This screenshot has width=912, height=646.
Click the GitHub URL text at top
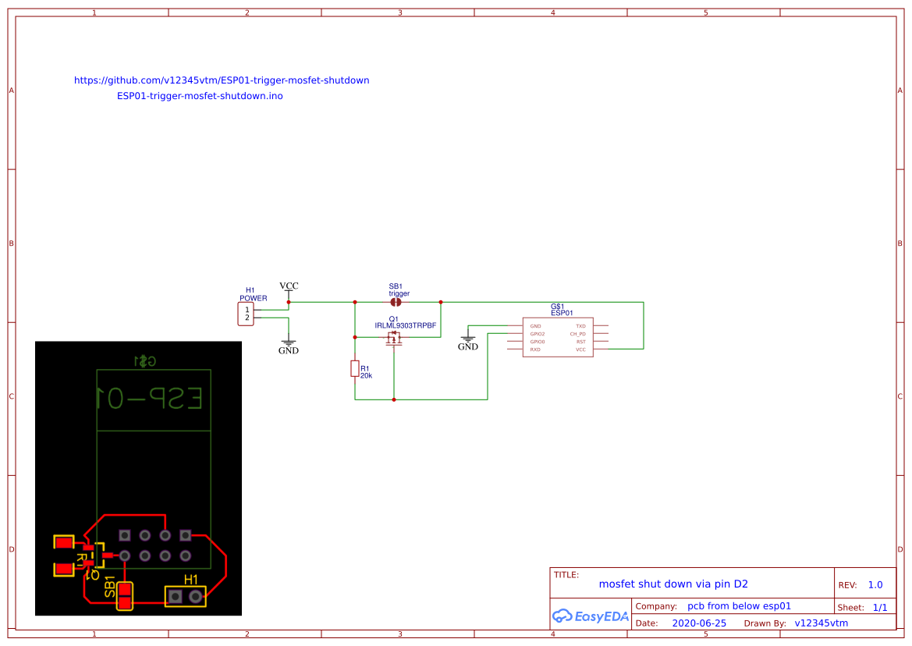pos(222,80)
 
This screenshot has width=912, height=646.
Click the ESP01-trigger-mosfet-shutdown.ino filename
pos(200,96)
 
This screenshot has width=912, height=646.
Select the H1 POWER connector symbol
pos(247,314)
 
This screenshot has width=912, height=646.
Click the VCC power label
pos(289,286)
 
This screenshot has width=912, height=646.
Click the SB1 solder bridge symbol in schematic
pos(396,301)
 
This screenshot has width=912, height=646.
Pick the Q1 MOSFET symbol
pos(394,338)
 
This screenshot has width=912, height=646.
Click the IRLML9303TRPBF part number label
pos(405,325)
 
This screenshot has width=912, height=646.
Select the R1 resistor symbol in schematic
pos(355,368)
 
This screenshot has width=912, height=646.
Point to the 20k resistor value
pos(366,376)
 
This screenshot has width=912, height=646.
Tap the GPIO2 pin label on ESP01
pos(537,334)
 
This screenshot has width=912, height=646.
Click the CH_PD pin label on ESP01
pos(577,334)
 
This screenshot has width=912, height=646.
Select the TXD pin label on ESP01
pos(580,326)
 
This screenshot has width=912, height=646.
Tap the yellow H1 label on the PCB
pos(191,580)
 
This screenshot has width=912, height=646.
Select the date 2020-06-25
pos(699,623)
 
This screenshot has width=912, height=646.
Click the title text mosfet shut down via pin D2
pos(673,584)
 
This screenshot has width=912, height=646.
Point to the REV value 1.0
pos(875,585)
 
